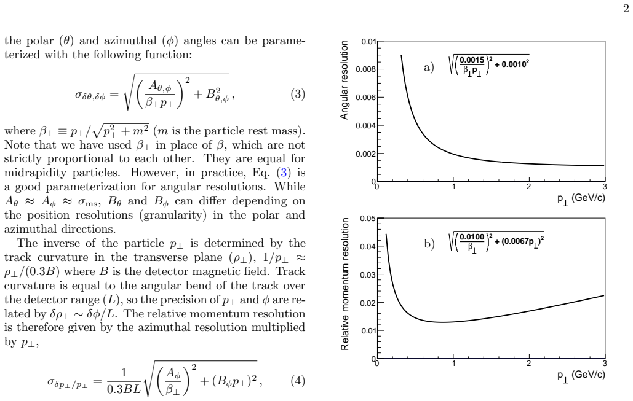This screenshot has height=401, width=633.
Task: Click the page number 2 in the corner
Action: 626,9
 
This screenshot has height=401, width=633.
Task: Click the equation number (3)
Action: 298,95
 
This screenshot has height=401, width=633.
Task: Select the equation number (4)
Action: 298,381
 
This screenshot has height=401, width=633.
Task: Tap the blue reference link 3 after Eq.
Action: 284,173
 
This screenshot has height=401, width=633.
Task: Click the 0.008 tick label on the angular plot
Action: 365,69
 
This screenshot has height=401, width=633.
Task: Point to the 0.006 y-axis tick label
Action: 365,98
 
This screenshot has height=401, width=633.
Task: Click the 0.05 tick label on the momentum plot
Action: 368,219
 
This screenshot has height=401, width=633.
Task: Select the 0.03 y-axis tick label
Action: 368,275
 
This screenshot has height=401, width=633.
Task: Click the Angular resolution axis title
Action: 344,80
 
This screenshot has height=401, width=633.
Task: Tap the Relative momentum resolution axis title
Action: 344,284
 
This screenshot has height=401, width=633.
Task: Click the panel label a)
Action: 429,67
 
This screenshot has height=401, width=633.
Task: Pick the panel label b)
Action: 429,244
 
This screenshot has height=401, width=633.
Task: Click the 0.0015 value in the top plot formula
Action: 472,60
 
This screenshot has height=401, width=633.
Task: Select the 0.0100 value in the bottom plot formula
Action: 472,237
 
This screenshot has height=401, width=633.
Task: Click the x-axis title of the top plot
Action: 581,199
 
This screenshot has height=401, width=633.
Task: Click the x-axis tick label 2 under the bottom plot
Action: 529,364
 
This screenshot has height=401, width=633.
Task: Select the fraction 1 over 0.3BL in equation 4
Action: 124,381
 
